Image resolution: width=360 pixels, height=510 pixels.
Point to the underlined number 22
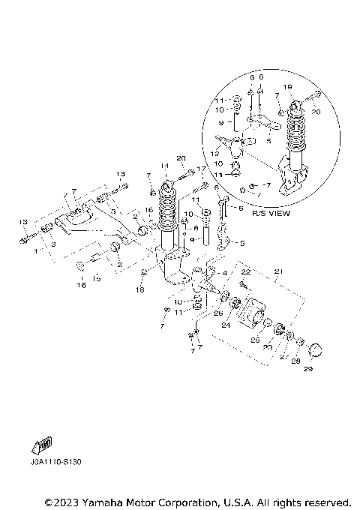244,271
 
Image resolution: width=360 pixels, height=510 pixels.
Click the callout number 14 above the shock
162,166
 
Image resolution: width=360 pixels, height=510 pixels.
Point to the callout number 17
200,169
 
